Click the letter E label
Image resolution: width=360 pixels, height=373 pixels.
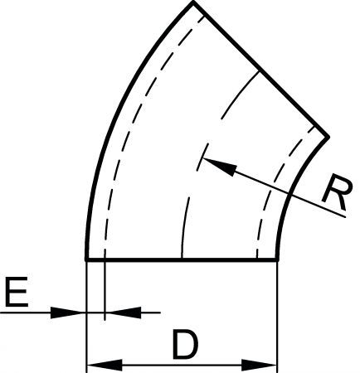(x=17, y=292)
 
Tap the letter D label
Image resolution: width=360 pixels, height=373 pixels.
(x=186, y=344)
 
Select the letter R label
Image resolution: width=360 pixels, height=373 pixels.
(x=338, y=192)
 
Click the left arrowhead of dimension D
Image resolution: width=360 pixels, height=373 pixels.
(x=105, y=365)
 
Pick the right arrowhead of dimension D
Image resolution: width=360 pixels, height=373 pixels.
(x=260, y=365)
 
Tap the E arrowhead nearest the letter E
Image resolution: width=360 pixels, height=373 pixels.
(x=68, y=312)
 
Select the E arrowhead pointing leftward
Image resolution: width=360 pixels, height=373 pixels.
(x=124, y=312)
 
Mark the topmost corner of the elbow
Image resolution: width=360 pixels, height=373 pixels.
(x=193, y=2)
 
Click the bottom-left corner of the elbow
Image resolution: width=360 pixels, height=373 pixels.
(x=86, y=259)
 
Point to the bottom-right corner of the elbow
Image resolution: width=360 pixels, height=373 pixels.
(x=277, y=259)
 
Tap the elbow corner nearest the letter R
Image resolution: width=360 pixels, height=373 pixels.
(x=328, y=137)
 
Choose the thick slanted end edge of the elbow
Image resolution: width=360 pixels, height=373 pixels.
(x=260, y=69)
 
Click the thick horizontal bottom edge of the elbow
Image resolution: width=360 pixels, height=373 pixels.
(x=182, y=259)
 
